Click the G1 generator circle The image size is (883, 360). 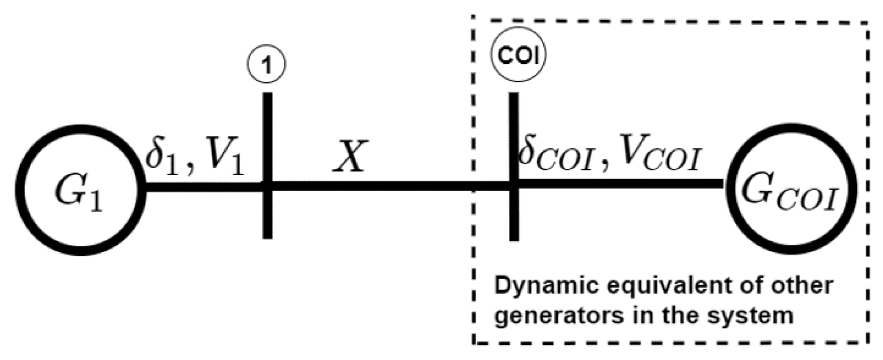click(80, 189)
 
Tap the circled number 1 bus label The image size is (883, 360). click(267, 65)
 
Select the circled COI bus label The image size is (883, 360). click(519, 55)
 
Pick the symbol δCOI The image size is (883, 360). click(556, 156)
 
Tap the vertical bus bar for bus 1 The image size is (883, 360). click(267, 216)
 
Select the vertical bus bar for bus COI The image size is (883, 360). click(514, 216)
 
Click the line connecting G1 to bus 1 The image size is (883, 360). click(202, 187)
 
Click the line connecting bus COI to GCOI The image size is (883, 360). click(619, 183)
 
